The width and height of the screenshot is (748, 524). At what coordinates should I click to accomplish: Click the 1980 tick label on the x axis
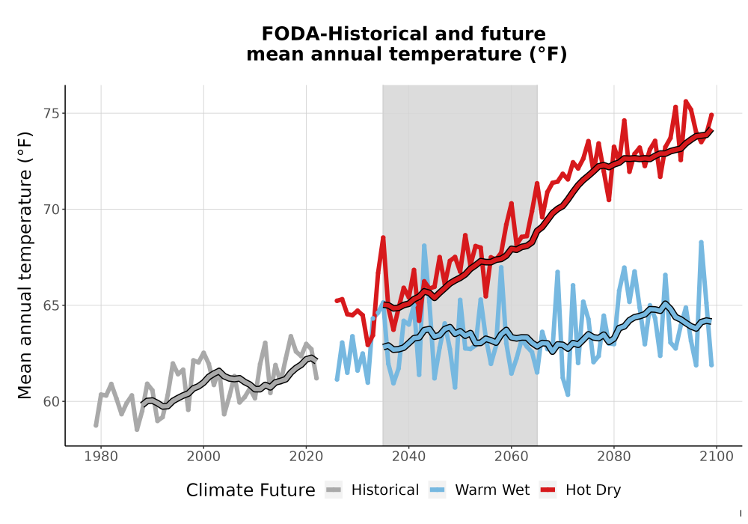(101, 457)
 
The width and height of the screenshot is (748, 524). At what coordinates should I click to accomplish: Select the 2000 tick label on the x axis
(203, 457)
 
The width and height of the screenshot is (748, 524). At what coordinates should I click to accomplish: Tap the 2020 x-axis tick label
(306, 457)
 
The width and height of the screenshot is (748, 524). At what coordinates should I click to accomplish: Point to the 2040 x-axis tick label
(409, 457)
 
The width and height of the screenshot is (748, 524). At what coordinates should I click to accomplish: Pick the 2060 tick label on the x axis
(512, 457)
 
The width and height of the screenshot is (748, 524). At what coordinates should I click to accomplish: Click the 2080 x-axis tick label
(614, 457)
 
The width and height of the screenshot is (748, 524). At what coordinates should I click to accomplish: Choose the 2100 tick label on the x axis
(717, 457)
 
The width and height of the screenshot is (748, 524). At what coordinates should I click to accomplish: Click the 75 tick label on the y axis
(52, 114)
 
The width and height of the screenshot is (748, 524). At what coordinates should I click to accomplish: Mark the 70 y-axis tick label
(52, 210)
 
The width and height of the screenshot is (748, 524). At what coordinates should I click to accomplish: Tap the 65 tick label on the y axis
(52, 305)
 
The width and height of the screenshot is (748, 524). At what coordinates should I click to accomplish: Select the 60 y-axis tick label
(52, 402)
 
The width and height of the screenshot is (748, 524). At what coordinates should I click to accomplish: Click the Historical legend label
(385, 490)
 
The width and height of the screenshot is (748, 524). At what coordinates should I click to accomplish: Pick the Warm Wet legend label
(492, 490)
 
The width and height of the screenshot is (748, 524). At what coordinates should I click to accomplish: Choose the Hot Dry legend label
(593, 490)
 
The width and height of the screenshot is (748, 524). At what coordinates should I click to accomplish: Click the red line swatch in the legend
(548, 490)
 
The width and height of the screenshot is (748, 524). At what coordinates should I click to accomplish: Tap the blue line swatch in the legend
(437, 490)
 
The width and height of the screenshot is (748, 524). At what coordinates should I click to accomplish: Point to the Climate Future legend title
(251, 490)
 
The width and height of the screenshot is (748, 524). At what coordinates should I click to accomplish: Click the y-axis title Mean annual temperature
(25, 265)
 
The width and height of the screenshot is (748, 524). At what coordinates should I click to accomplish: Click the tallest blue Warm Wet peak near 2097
(702, 243)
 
